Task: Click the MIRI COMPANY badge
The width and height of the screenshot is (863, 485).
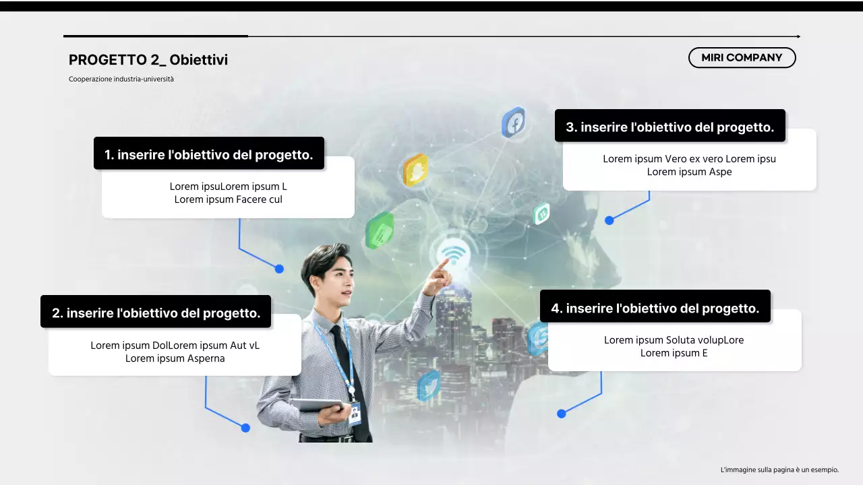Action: click(742, 58)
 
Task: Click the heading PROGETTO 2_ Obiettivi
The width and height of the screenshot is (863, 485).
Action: click(148, 60)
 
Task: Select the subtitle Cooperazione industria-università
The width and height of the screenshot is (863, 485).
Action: click(121, 79)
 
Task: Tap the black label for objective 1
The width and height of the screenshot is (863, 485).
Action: click(209, 154)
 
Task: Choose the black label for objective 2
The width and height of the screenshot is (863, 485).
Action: click(156, 313)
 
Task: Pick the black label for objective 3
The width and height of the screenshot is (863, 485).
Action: click(670, 127)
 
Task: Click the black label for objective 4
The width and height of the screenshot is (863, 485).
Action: click(655, 308)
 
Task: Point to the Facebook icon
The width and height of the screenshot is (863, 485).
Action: click(514, 123)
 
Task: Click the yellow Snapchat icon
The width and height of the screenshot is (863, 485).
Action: click(415, 170)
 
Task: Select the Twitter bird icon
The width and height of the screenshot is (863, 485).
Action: click(429, 385)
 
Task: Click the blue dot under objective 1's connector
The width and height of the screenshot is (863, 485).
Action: click(279, 269)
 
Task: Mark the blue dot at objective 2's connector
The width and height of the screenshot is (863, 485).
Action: click(245, 428)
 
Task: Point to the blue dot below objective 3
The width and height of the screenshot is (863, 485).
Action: click(609, 220)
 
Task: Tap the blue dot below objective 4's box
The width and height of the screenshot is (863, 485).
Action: click(562, 414)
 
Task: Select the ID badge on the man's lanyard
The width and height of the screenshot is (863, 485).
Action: click(355, 413)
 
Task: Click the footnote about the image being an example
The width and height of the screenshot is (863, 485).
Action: click(779, 470)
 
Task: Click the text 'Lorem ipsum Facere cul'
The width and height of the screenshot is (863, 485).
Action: click(229, 199)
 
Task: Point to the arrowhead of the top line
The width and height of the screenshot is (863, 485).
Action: click(798, 36)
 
